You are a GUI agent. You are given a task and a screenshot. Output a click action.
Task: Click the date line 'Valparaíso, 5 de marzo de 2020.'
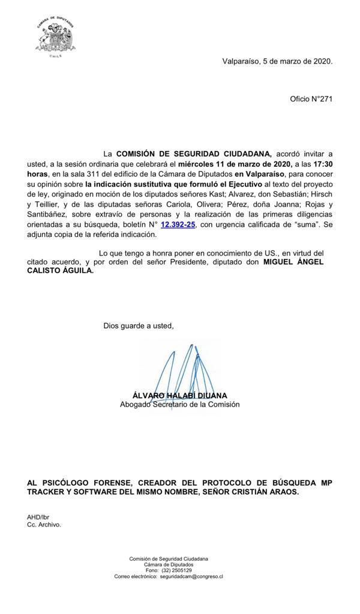coord(277,61)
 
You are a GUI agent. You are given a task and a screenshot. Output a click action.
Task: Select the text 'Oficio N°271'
coord(311,98)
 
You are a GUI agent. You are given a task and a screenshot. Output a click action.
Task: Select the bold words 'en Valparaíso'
coord(259,174)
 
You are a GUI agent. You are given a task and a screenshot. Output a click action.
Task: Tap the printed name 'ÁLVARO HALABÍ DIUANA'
coord(179,396)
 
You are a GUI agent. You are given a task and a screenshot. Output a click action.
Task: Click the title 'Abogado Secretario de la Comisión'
coord(179,405)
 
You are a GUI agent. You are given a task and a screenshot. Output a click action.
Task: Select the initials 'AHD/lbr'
coord(38,517)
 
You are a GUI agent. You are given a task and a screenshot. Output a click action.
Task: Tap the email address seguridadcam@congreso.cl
coord(191,576)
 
